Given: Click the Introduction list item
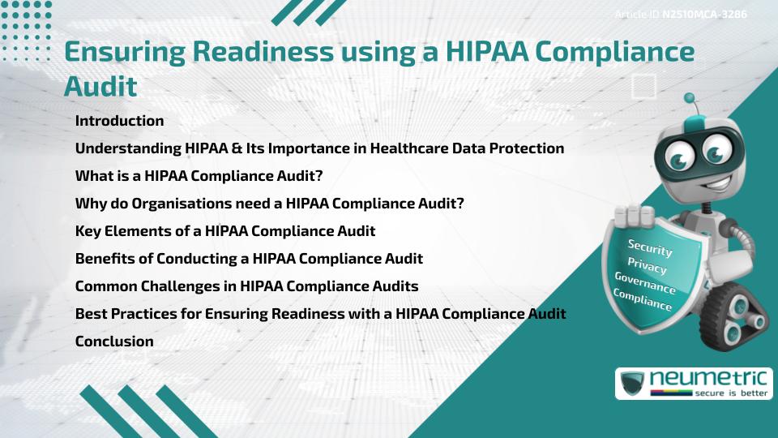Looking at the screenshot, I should (119, 121).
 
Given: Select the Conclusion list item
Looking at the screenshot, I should (114, 341).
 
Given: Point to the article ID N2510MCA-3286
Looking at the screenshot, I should (704, 15).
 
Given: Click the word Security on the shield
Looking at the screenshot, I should (650, 248).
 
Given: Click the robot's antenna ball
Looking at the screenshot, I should (690, 99).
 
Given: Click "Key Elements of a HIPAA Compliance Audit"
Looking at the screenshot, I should (225, 231).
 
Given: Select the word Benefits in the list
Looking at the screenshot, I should (105, 259).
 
